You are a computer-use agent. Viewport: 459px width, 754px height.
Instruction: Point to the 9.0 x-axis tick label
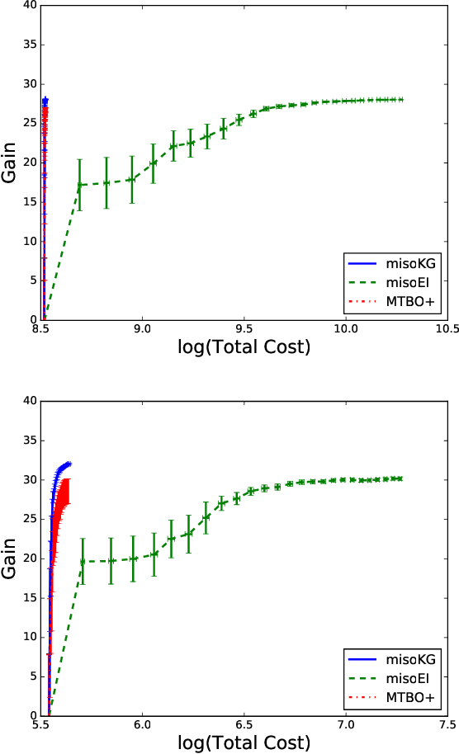143,329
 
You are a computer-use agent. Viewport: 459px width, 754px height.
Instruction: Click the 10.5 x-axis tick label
447,329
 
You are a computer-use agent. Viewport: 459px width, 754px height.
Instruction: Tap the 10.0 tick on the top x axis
346,329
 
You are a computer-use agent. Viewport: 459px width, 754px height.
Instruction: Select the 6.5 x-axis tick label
244,724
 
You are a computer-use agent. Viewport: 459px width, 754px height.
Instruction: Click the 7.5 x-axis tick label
447,724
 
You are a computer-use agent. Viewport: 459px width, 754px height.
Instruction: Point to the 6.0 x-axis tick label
143,724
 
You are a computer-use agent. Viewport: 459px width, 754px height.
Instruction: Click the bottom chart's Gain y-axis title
11,557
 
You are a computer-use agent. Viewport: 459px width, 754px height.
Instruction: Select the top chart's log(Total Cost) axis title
244,347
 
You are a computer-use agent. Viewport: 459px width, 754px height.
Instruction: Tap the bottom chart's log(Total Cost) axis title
244,742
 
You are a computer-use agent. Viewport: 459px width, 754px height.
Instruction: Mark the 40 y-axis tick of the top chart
30,5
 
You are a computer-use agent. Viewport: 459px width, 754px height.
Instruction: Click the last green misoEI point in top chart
400,99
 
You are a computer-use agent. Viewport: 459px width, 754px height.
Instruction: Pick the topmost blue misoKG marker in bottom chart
69,464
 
